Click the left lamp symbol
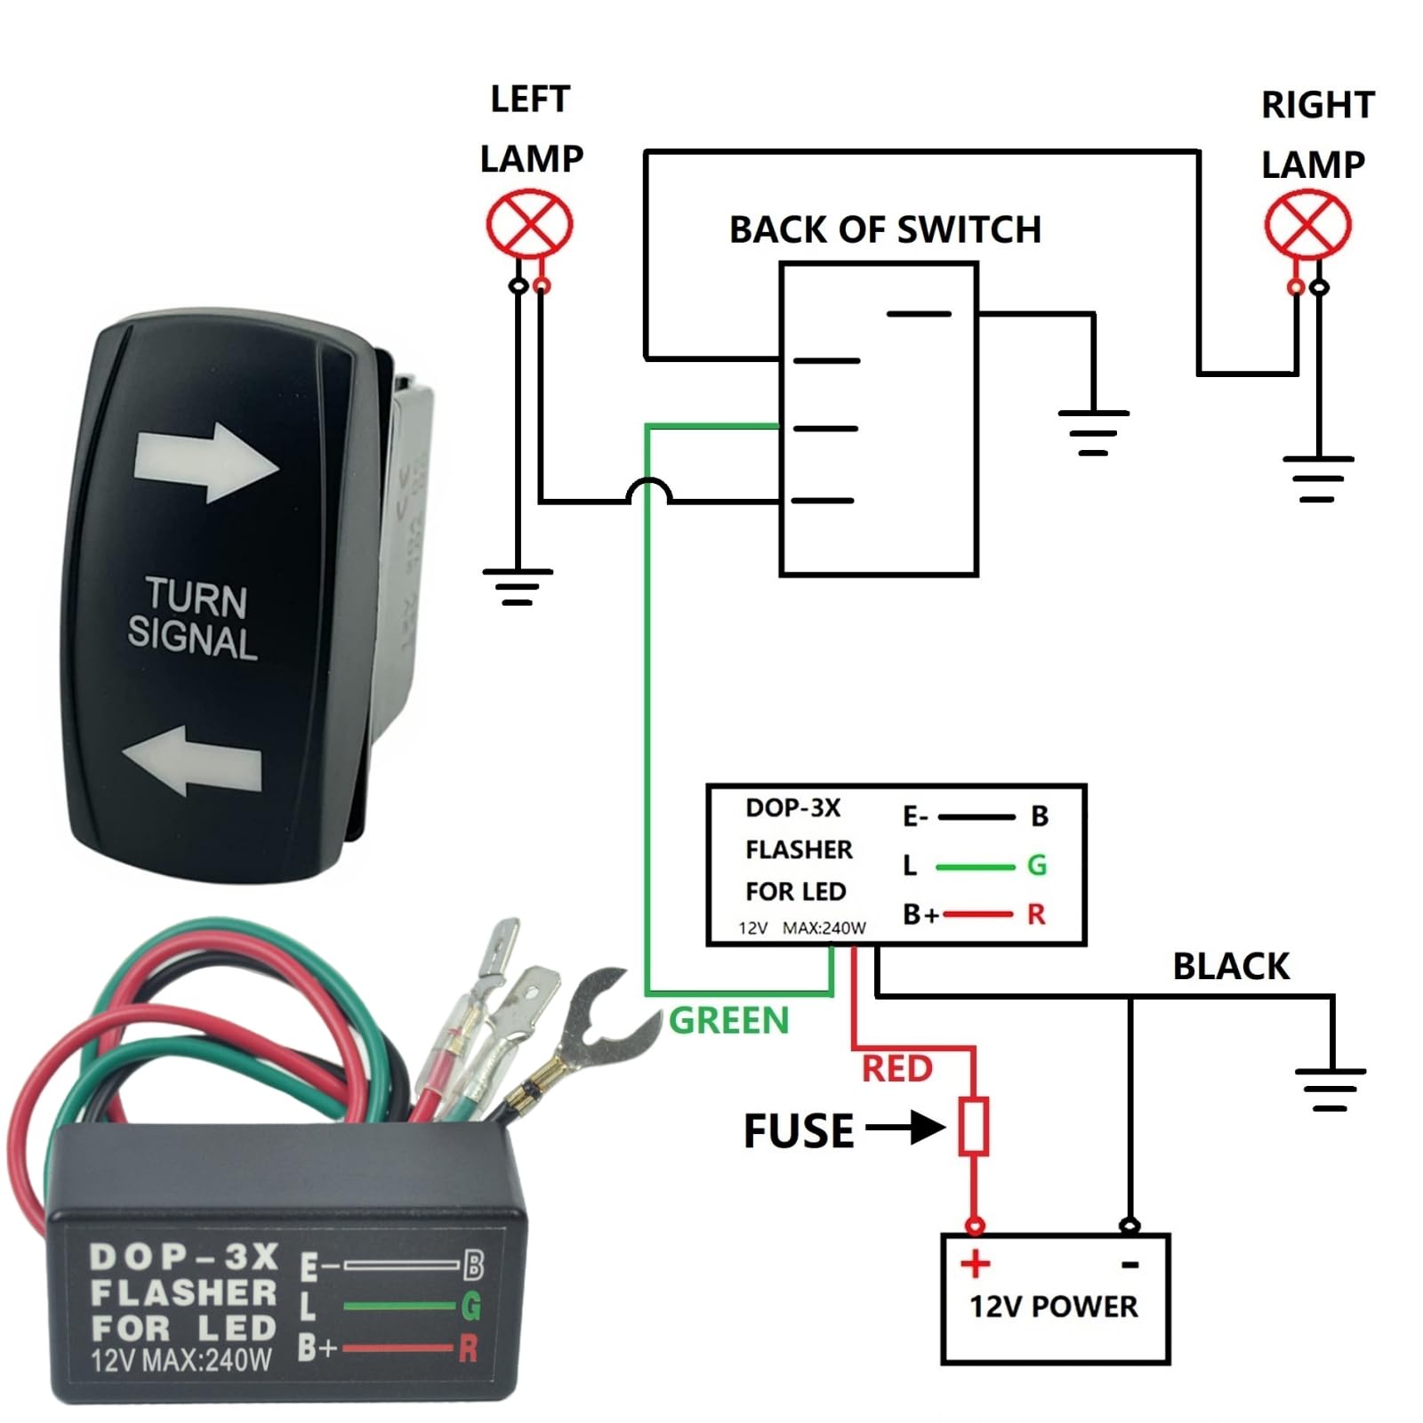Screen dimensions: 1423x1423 (529, 223)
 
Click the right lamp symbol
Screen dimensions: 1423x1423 (1307, 225)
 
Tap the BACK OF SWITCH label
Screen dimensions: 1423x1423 (885, 229)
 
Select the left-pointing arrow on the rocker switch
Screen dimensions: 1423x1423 (193, 760)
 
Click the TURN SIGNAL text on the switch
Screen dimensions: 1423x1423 (193, 619)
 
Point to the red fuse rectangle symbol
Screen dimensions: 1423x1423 (974, 1127)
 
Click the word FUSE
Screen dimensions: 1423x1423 (798, 1131)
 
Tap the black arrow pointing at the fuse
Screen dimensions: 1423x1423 (905, 1128)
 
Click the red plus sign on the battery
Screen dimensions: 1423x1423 (975, 1263)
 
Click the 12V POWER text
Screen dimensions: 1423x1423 (1053, 1306)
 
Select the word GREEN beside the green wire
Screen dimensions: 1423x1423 (728, 1020)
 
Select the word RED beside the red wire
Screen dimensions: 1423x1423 (896, 1068)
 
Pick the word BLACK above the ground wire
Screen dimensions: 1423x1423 (1231, 966)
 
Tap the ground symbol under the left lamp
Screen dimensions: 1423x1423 (518, 585)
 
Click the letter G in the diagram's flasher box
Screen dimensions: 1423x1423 (1036, 864)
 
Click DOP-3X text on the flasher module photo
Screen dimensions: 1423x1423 (184, 1257)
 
